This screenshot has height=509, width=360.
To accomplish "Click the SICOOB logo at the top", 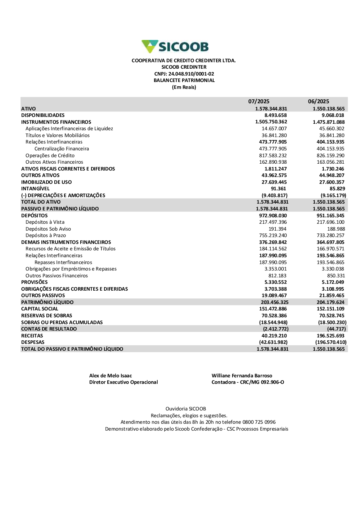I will [175, 47].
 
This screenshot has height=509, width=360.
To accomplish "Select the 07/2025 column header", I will [258, 101].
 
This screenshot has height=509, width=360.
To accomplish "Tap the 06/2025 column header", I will [318, 101].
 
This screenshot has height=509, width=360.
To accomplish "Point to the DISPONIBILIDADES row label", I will [43, 115].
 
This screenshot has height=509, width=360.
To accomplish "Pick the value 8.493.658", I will [275, 115].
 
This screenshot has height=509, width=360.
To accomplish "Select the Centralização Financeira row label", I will [62, 149].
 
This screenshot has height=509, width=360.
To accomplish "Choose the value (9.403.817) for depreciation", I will [274, 195].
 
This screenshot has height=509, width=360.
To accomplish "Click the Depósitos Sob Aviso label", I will [48, 229].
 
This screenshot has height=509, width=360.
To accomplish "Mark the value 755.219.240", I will [273, 235].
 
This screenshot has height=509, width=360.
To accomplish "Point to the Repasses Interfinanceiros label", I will [63, 262].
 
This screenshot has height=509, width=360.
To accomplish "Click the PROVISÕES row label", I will [35, 282].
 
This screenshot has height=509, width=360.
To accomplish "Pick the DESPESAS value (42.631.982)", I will [273, 342].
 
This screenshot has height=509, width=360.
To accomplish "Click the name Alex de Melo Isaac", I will [111, 376].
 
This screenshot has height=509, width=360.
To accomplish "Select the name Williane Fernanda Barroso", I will [242, 376].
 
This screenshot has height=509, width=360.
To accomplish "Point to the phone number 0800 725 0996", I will [259, 422].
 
